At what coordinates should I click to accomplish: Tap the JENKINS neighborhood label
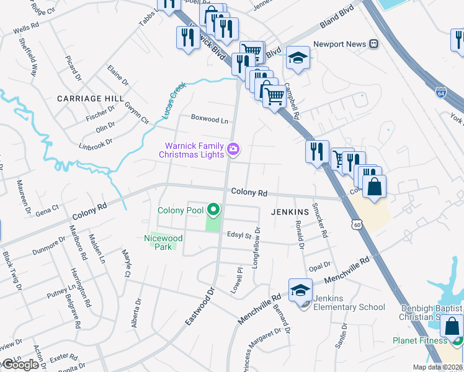[290, 211]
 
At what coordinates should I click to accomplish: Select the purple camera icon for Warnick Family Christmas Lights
[233, 149]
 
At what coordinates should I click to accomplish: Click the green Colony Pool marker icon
[213, 211]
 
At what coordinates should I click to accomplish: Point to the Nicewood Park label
[163, 242]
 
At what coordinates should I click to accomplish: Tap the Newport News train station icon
[374, 44]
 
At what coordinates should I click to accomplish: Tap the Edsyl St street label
[238, 236]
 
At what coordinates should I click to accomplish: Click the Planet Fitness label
[420, 340]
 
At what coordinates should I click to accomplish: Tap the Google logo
[20, 365]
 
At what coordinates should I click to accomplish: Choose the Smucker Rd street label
[319, 221]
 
